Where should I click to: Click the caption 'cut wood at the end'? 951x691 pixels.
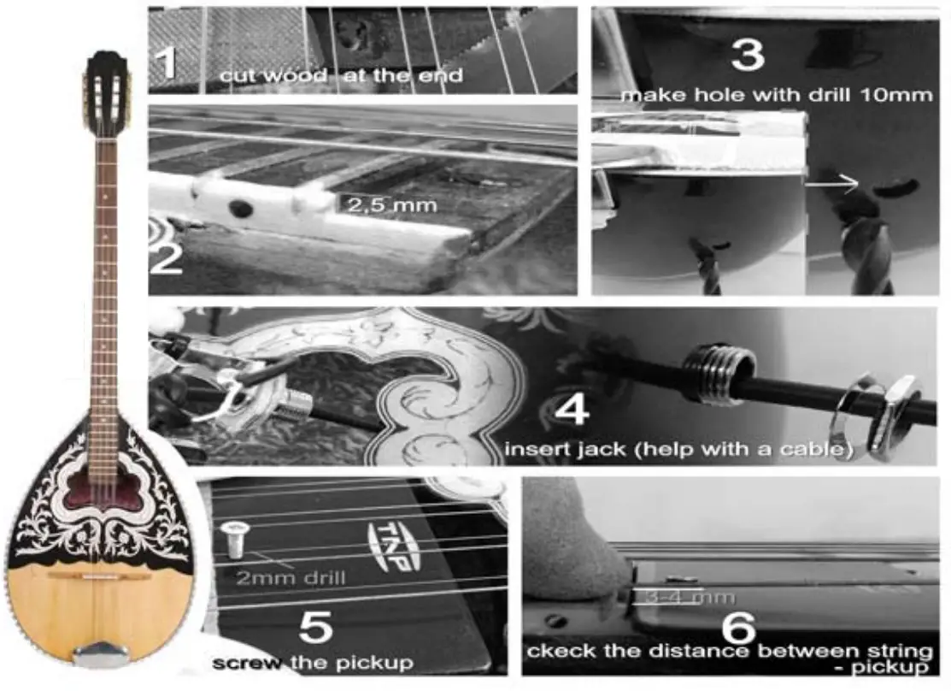(341, 76)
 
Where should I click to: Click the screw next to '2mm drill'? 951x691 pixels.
(232, 540)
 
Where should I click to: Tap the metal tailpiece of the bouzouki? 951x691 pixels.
(101, 654)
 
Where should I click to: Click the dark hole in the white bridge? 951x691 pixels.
(242, 209)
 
